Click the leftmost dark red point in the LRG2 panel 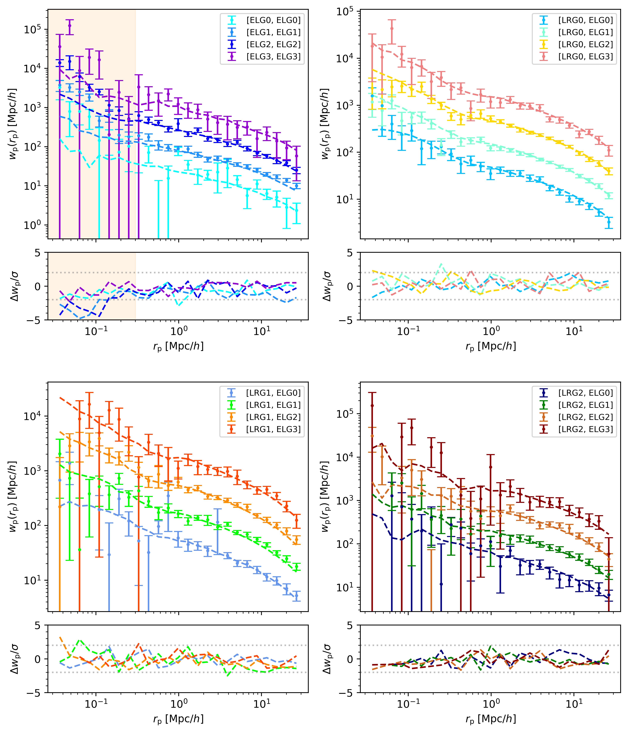coord(372,406)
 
